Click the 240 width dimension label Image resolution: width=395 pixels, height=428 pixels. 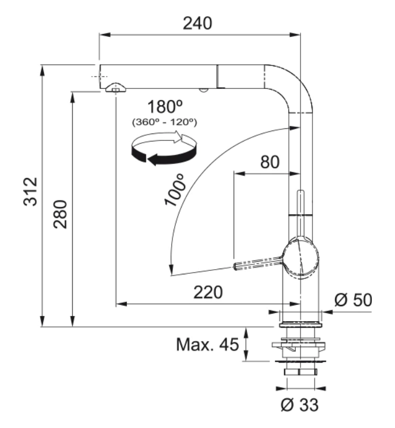click(x=197, y=23)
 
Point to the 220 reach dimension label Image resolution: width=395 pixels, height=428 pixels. click(x=208, y=293)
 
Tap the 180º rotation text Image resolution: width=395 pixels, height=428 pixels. click(x=165, y=107)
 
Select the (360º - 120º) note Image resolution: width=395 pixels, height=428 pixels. click(x=165, y=122)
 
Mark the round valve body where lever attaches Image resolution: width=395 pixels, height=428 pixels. click(x=299, y=258)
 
